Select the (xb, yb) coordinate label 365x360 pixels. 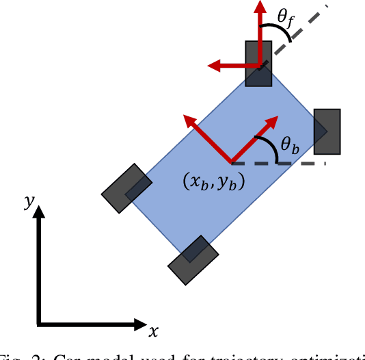[214, 183]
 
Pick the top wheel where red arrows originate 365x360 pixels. [258, 63]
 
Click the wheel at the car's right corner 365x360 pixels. [327, 131]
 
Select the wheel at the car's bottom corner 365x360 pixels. [193, 260]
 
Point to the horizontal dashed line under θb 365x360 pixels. [301, 164]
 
